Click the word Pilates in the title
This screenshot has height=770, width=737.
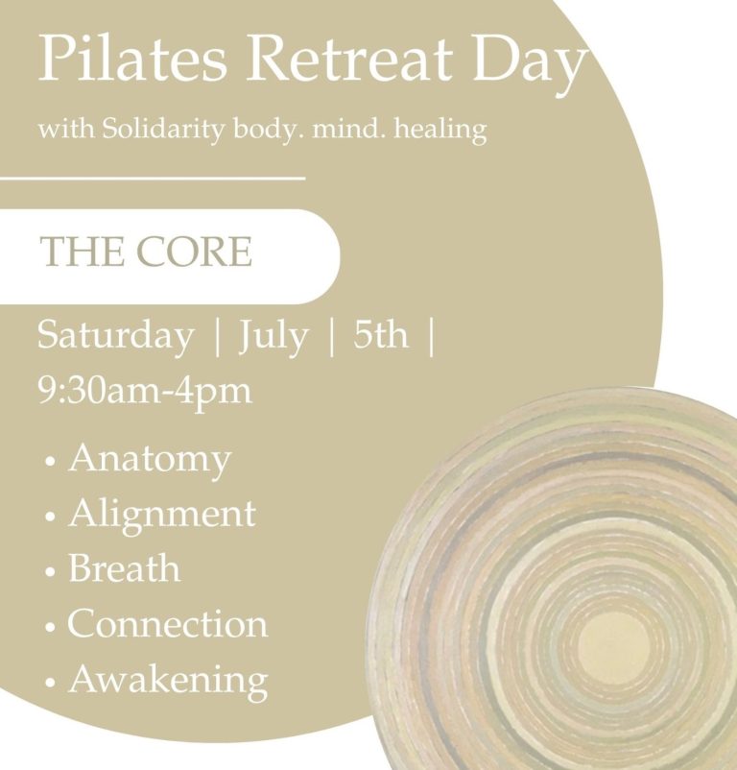click(x=132, y=58)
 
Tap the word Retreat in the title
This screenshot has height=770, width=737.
click(x=348, y=58)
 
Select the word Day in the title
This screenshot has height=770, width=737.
click(x=529, y=63)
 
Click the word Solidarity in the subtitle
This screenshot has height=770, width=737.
click(x=162, y=129)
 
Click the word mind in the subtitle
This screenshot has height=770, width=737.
click(x=348, y=129)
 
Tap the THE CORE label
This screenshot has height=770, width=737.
click(x=146, y=251)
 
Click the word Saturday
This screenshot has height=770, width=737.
click(x=116, y=336)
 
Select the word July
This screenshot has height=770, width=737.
click(x=273, y=338)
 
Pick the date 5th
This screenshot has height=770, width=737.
click(x=381, y=334)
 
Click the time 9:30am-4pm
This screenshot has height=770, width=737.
click(x=145, y=392)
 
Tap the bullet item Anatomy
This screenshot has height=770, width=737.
click(x=150, y=461)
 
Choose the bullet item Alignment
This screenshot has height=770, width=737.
click(x=162, y=516)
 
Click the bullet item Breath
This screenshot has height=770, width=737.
click(x=124, y=567)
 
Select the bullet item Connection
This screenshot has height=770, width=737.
click(x=168, y=623)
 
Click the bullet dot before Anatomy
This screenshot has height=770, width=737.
click(x=50, y=462)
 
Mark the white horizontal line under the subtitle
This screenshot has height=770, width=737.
click(x=153, y=178)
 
